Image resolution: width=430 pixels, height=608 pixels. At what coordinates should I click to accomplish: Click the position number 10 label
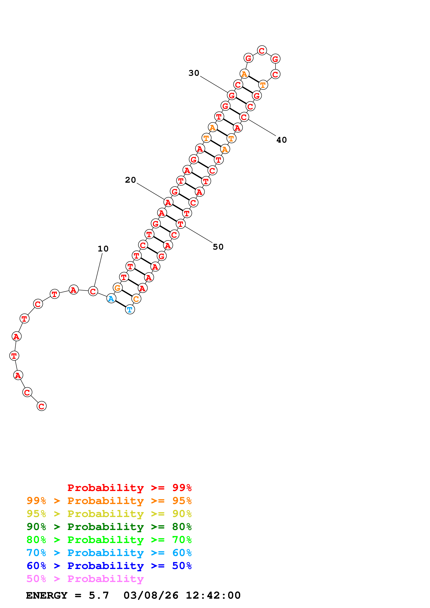click(103, 249)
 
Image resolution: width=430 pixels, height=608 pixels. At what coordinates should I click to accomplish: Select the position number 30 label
click(194, 73)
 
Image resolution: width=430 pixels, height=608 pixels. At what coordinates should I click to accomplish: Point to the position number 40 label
click(281, 140)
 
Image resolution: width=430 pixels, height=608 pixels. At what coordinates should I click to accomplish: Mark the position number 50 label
click(218, 247)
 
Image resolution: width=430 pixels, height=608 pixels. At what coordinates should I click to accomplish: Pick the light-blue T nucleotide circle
click(130, 309)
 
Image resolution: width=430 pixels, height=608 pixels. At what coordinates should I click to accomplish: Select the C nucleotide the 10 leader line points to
click(93, 291)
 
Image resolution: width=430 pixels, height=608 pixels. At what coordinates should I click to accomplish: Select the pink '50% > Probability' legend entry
click(85, 579)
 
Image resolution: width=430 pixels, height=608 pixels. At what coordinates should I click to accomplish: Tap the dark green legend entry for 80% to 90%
click(109, 527)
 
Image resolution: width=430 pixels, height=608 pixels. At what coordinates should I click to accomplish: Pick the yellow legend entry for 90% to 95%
click(109, 514)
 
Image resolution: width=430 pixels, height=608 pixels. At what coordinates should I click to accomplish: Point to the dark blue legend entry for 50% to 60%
click(109, 566)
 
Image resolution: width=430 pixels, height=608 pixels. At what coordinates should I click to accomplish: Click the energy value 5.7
click(99, 595)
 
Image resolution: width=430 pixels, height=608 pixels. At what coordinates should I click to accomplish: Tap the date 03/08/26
click(151, 595)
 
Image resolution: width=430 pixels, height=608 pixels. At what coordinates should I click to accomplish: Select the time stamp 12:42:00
click(213, 595)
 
